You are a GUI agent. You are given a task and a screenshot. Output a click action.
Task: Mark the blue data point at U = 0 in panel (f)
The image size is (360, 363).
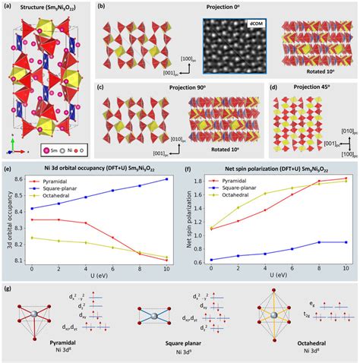coord(210,259)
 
